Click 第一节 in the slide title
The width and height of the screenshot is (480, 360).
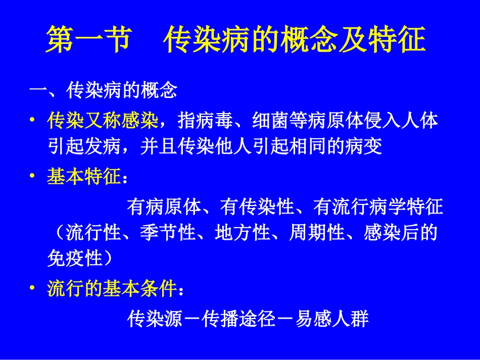pos(89,41)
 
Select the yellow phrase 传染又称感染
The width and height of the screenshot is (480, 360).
pos(103,121)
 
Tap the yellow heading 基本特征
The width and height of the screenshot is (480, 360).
pos(84,177)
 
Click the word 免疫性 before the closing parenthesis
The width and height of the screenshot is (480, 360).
pos(74,259)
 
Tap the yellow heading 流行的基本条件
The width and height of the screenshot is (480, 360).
pos(112,289)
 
